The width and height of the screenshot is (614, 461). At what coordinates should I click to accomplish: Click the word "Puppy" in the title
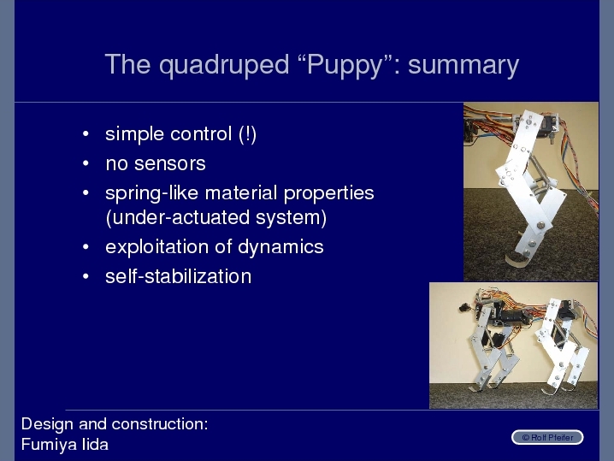345,65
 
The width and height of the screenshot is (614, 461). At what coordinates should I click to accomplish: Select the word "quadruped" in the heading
224,65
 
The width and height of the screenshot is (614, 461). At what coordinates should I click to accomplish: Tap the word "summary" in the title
463,66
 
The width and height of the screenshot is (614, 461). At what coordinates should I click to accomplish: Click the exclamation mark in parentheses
247,134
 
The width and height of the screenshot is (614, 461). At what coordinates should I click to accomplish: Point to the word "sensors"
170,164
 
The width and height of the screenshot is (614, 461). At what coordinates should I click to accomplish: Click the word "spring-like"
152,193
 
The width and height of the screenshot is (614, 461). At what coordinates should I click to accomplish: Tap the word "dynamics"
280,247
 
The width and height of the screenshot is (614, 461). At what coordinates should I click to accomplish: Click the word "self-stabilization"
179,276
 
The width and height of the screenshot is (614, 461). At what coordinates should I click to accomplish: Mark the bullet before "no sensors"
86,163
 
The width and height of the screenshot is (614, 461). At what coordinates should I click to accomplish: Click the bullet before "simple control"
86,134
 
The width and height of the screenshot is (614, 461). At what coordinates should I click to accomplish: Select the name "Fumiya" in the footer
48,445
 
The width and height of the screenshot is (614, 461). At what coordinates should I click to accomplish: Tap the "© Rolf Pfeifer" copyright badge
547,438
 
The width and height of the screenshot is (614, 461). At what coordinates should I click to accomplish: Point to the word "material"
241,193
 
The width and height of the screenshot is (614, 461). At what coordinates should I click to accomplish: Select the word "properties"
329,194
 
